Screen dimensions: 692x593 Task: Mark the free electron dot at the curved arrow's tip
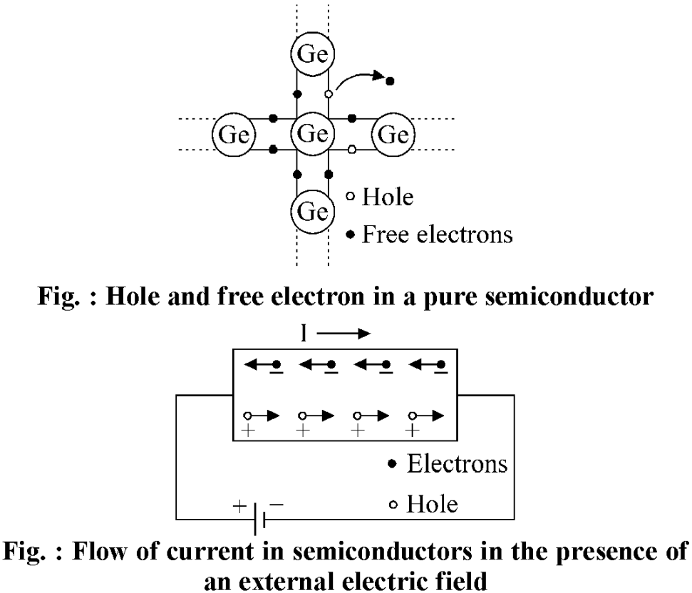click(x=390, y=81)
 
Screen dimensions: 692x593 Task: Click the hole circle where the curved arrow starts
click(x=329, y=94)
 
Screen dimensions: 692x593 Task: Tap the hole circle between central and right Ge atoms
click(x=352, y=150)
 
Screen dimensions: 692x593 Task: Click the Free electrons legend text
click(x=438, y=234)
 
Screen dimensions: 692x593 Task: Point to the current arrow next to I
click(x=344, y=334)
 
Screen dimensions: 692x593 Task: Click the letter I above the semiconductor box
click(x=303, y=334)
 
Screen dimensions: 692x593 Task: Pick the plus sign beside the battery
click(x=239, y=505)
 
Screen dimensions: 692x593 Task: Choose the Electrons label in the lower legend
click(x=458, y=464)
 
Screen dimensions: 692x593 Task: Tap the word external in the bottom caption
click(x=288, y=580)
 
